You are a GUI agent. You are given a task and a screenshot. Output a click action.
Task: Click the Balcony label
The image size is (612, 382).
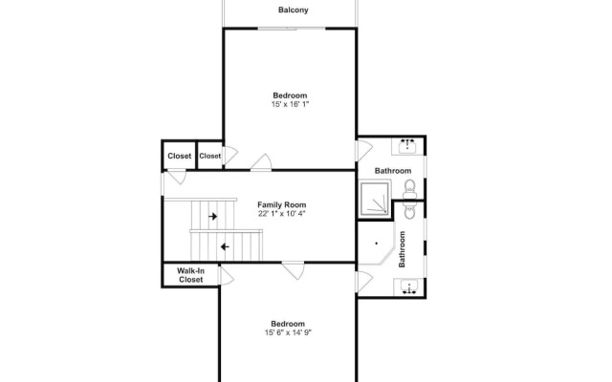[x=294, y=11]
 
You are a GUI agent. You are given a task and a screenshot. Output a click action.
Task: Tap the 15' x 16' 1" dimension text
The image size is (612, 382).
[x=290, y=104]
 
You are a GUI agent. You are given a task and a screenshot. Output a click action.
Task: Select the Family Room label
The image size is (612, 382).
[x=282, y=205]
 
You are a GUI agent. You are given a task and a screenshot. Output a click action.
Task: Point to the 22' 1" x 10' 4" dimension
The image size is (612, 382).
[x=281, y=214]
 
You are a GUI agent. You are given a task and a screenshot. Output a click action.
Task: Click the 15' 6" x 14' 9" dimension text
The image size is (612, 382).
[x=288, y=333]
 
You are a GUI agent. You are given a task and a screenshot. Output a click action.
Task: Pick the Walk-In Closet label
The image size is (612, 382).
[x=191, y=275]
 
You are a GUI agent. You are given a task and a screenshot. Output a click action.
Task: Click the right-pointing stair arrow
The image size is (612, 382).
[x=212, y=217]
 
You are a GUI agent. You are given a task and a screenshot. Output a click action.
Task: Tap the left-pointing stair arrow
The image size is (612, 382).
[x=225, y=246]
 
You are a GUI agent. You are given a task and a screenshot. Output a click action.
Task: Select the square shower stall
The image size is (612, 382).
[x=375, y=200]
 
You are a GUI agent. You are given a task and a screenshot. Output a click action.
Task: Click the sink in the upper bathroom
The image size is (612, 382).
[x=407, y=146]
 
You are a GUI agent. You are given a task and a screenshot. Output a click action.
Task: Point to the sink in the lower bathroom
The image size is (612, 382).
[x=408, y=287]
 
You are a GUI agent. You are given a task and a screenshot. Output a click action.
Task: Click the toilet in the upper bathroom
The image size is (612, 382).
[x=409, y=189]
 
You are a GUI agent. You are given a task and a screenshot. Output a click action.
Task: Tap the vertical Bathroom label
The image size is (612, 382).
[x=402, y=249]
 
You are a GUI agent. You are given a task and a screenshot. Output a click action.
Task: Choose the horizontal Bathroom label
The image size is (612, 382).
[x=393, y=171]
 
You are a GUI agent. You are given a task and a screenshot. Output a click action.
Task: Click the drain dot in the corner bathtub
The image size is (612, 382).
[x=376, y=244]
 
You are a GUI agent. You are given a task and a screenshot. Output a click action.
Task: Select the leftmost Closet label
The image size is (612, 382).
[x=180, y=156]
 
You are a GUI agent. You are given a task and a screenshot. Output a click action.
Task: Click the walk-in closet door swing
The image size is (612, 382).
[x=228, y=276]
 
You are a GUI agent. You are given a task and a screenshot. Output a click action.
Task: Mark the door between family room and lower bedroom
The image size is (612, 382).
[x=294, y=270]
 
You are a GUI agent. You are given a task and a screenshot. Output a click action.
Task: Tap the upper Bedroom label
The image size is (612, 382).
[x=290, y=95]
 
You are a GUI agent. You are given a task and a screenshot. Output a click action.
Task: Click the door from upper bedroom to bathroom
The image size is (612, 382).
[x=364, y=151]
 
